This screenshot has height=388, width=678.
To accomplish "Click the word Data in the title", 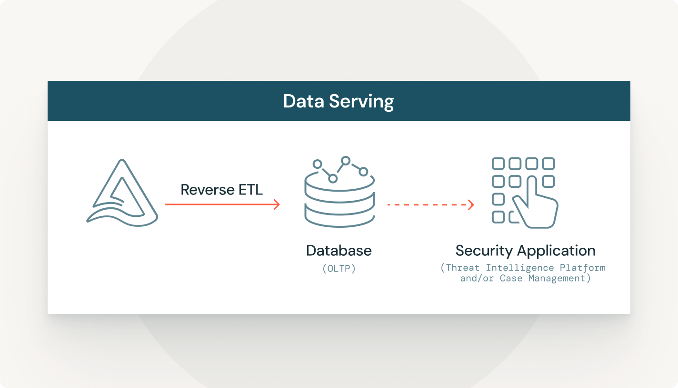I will coord(302,101).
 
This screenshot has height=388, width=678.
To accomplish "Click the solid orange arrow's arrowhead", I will coord(276,204).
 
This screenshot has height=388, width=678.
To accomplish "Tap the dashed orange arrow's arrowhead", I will coord(470,205).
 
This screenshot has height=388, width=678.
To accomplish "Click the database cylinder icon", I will coord(339,200).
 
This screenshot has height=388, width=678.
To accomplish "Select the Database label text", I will coord(339,251).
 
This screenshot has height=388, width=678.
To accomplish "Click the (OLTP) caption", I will coord(339,269).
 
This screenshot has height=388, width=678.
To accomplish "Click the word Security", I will coord(484,251).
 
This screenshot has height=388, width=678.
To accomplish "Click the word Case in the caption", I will coord(511,278).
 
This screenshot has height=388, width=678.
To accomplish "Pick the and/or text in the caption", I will coord(477,278).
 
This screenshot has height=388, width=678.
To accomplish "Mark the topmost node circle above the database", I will coord(346,161).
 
